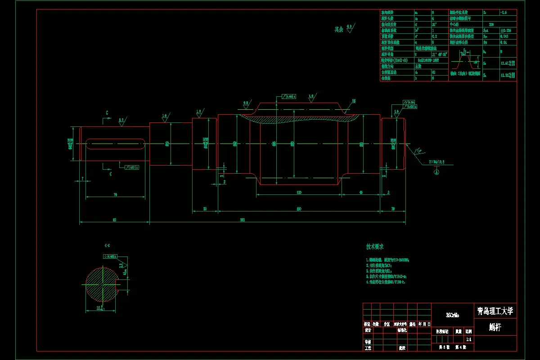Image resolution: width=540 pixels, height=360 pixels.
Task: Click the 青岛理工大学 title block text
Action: [495, 311]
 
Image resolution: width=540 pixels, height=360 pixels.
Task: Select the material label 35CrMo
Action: [452, 315]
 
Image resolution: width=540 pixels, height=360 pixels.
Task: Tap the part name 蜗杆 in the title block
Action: [495, 328]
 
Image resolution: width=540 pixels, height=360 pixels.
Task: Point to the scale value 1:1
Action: [469, 340]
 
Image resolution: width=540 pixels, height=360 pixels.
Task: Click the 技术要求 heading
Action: [374, 247]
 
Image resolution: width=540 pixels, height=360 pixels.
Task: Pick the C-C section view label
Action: [107, 246]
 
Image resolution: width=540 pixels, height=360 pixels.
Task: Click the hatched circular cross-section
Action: [102, 284]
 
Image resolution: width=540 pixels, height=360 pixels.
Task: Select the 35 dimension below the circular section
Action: [100, 308]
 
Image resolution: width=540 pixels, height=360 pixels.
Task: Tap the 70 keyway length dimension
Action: [115, 194]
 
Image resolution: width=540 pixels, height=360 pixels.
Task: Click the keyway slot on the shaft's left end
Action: [116, 144]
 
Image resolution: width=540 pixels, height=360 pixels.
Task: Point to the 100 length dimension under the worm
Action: [298, 193]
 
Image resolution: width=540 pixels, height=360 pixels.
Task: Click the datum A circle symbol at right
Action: [436, 171]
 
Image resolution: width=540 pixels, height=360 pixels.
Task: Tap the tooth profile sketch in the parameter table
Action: [465, 59]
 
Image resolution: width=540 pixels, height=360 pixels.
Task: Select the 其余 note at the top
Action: [338, 29]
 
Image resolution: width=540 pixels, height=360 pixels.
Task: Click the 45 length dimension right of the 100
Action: [361, 193]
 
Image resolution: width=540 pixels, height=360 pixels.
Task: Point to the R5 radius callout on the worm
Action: [353, 101]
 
